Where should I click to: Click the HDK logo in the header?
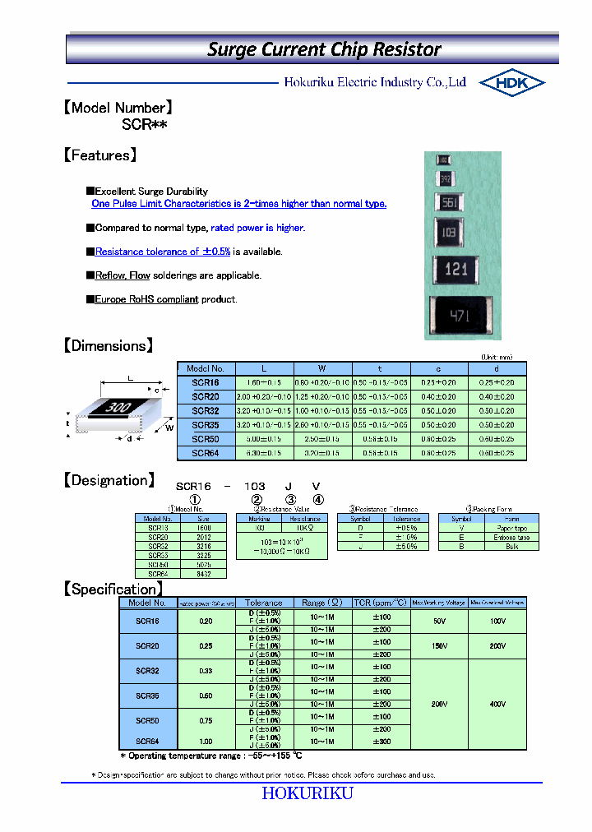[x=511, y=83]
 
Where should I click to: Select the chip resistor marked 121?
[x=456, y=268]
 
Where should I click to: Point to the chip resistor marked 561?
[x=448, y=204]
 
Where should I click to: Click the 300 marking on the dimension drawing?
[x=119, y=407]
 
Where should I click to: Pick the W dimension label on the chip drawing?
[x=169, y=427]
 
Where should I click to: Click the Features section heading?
[x=99, y=155]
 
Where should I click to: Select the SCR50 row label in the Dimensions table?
[x=206, y=439]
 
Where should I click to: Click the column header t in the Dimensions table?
[x=380, y=369]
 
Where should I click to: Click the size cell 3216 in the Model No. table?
[x=203, y=546]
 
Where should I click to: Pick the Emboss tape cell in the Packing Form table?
[x=511, y=537]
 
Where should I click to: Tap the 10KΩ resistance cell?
[x=305, y=528]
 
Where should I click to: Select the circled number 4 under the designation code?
[x=318, y=499]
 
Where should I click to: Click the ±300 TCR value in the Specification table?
[x=381, y=742]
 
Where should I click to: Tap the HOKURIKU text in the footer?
[x=308, y=793]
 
